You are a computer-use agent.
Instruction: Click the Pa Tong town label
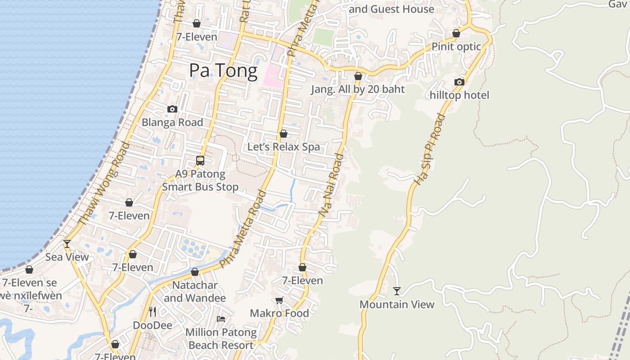tap(223, 71)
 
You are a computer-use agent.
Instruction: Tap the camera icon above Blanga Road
tap(172, 109)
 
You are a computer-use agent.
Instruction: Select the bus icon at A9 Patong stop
tap(200, 160)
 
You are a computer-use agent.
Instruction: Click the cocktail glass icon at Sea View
tap(67, 243)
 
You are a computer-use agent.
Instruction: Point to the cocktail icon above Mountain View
tap(396, 291)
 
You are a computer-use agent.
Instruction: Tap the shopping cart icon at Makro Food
tap(279, 300)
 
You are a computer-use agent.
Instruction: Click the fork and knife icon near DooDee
tap(153, 311)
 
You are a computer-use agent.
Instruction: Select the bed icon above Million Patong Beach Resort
tap(221, 319)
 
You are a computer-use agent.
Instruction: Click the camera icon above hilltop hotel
tap(459, 82)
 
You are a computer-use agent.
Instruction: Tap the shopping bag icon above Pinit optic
tap(456, 33)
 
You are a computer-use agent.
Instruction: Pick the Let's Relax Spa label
tap(283, 147)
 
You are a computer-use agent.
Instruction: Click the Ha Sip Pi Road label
tap(429, 149)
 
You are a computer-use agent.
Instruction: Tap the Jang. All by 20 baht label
tap(358, 89)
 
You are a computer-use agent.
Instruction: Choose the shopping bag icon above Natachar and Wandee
tap(195, 272)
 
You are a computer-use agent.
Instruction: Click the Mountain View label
tap(397, 305)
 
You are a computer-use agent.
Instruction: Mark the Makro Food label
tap(279, 313)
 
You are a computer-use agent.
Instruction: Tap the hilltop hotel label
tap(459, 95)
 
